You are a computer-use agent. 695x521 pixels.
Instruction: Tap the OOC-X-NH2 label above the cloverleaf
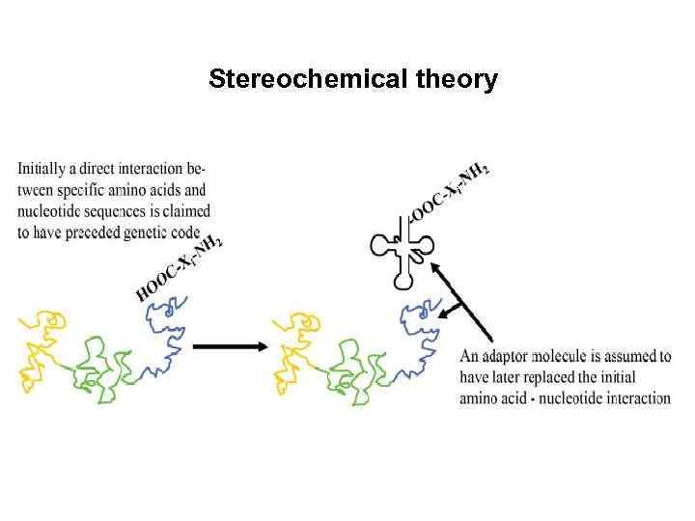coord(449,193)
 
